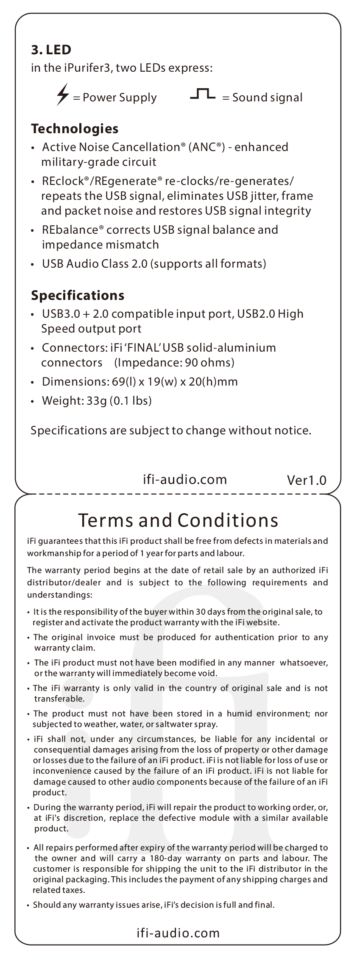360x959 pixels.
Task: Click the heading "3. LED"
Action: (x=51, y=50)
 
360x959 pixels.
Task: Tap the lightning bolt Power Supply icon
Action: (x=62, y=95)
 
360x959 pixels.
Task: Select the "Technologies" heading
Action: (x=75, y=128)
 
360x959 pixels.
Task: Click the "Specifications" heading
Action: (x=78, y=295)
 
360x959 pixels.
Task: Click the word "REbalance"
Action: (x=70, y=230)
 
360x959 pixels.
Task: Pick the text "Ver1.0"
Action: (x=307, y=480)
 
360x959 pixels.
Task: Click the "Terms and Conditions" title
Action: (x=178, y=520)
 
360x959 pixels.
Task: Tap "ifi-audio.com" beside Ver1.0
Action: (x=184, y=479)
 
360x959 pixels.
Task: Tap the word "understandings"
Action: (x=59, y=595)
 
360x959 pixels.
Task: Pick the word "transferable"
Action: (x=59, y=699)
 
